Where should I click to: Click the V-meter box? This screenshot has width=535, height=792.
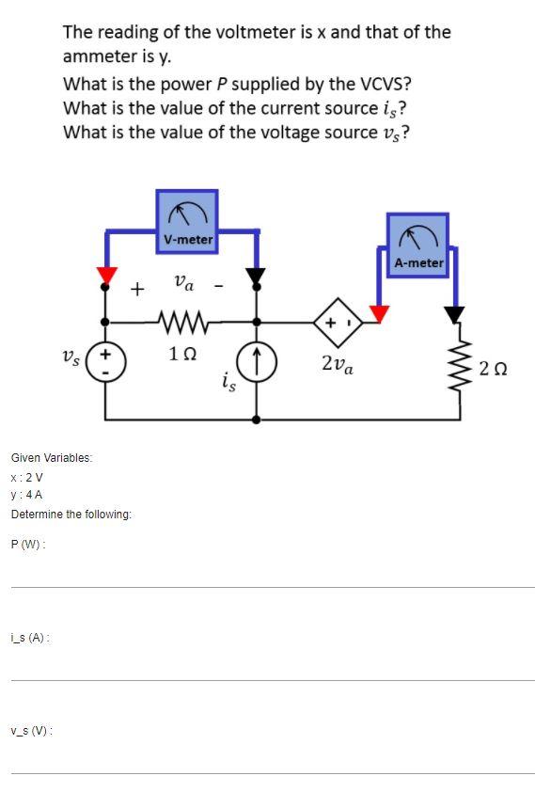[x=187, y=222]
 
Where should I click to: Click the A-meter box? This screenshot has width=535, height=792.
[x=417, y=245]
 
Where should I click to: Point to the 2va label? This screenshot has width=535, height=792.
[x=337, y=364]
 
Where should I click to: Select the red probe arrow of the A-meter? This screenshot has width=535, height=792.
[x=379, y=312]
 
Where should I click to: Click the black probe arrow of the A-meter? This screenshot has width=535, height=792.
[x=455, y=314]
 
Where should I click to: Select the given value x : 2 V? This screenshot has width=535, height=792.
[x=26, y=477]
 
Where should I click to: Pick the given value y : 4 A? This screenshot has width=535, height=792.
[x=26, y=495]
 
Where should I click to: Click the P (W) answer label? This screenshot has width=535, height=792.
[x=28, y=545]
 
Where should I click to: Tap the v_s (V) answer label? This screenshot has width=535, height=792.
[x=31, y=731]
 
